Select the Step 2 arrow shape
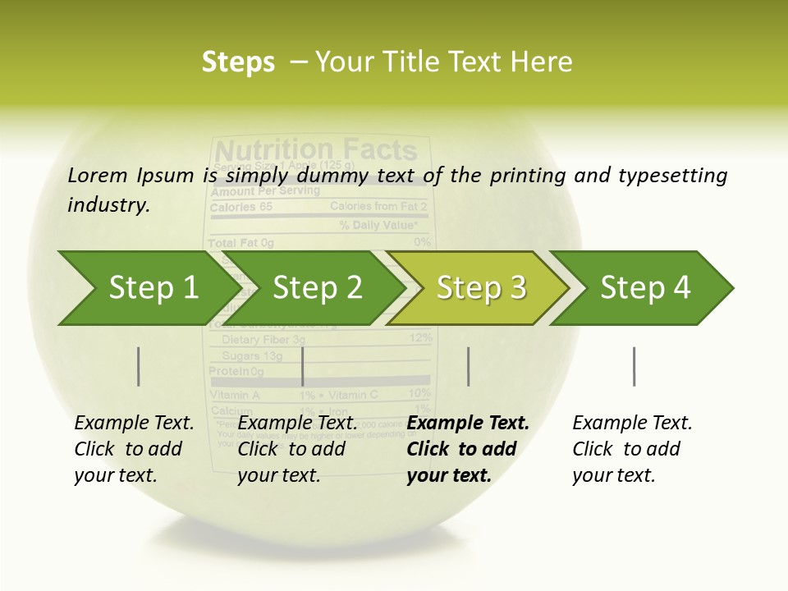[x=317, y=288]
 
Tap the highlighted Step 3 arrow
[x=481, y=288]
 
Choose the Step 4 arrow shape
[x=645, y=288]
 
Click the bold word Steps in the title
[x=238, y=62]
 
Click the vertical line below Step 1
[x=138, y=366]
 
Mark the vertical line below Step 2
[x=303, y=366]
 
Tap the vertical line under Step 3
[x=468, y=366]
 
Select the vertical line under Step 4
[x=634, y=366]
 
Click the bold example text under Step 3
[x=468, y=449]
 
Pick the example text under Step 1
[x=134, y=449]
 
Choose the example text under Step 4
[x=632, y=449]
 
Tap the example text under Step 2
[x=297, y=449]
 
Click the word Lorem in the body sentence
[x=97, y=176]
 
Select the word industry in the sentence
[x=108, y=204]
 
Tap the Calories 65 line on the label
[x=241, y=208]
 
